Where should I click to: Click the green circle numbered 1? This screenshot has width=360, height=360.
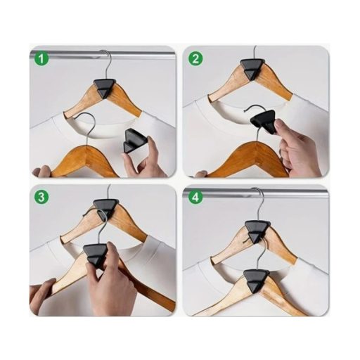point(41,59)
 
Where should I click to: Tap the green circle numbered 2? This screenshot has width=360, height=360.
point(195,59)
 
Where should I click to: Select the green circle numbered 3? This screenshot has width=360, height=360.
point(41,198)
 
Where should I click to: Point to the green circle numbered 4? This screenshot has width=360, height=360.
point(195,198)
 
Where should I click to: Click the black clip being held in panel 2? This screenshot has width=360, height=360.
point(264,122)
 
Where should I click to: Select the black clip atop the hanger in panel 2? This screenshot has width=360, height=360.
point(252,68)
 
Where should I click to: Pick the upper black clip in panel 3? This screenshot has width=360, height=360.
point(105,208)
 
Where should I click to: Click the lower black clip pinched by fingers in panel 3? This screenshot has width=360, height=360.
point(96,255)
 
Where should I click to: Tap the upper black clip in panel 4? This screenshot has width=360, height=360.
point(257,231)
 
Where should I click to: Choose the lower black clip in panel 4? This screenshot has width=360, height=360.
point(256,280)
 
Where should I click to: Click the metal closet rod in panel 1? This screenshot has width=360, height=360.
point(103,55)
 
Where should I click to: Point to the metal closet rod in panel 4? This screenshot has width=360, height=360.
point(255,192)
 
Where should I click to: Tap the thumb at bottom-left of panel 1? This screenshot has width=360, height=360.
point(41,171)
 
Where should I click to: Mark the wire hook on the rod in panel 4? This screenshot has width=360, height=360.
point(259,203)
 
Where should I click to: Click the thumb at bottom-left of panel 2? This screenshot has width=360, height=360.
point(201,174)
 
